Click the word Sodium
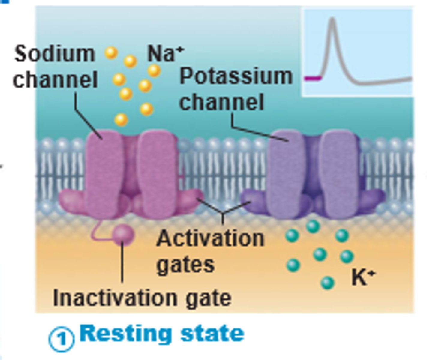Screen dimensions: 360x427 (54, 54)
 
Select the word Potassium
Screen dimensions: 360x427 (236, 76)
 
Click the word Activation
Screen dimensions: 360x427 (210, 239)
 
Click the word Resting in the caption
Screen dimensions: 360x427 (126, 334)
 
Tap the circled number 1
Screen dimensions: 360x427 (62, 339)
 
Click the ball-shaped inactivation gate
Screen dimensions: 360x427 (123, 234)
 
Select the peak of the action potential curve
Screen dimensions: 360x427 (332, 20)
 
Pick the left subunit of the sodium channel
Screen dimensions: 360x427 (104, 174)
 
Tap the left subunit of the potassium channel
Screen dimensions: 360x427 (285, 174)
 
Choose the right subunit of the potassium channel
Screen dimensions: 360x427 (339, 174)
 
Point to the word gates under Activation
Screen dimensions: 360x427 (186, 265)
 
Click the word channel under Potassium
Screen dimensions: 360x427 (221, 102)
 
